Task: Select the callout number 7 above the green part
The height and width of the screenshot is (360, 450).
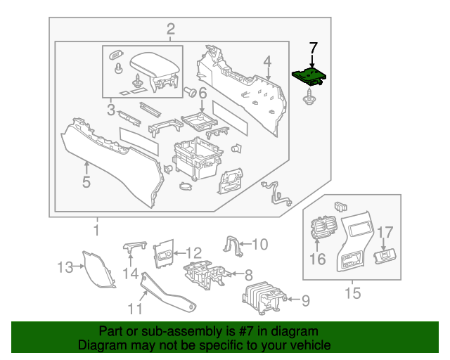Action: [x=314, y=47]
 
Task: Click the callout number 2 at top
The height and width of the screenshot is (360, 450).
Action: [x=170, y=29]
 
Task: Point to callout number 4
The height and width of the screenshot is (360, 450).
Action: [x=268, y=65]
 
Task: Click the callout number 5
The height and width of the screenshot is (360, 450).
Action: [x=86, y=182]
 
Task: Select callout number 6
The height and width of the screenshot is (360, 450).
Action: [x=202, y=93]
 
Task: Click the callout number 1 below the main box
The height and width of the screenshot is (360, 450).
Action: [x=97, y=230]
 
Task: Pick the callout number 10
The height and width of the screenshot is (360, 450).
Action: [x=259, y=245]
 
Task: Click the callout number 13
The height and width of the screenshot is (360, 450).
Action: [x=65, y=266]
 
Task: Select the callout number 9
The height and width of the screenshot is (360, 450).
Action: [x=304, y=301]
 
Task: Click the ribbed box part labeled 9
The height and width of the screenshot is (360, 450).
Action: [x=263, y=300]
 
